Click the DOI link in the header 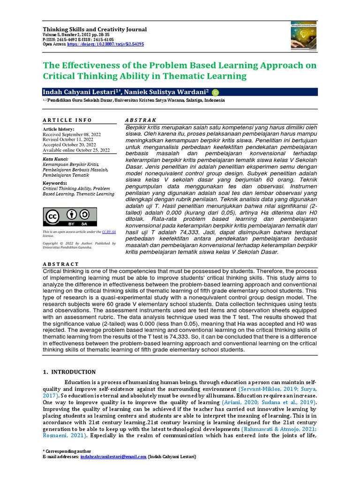coord(105,44)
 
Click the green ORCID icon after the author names coord(216,92)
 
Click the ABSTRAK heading coord(141,120)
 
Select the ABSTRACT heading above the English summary coord(61,264)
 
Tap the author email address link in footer coord(113,457)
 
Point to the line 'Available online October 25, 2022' coord(76,150)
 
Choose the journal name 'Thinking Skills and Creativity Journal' coord(95,29)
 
